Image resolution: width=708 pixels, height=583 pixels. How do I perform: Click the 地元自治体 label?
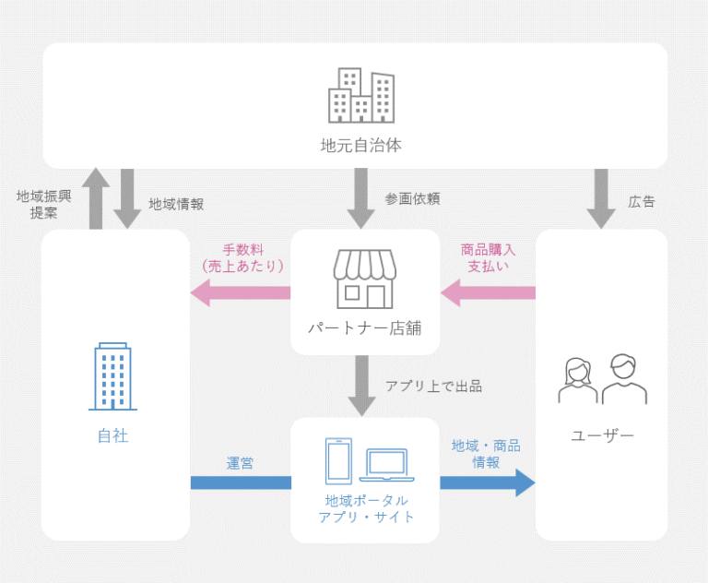point(360,145)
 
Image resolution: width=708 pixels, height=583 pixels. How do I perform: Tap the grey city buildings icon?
point(361,95)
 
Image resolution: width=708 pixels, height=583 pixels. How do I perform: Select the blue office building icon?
point(112,376)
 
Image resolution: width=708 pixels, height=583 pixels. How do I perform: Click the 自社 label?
point(112,435)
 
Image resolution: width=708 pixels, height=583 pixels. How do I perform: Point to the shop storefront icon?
point(364,278)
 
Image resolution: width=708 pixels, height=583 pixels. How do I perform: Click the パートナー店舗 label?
point(364,327)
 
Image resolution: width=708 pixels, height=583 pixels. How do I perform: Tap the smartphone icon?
point(339,459)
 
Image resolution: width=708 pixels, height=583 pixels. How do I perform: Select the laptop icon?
point(387,465)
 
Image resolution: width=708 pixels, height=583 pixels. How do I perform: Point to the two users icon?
point(602,379)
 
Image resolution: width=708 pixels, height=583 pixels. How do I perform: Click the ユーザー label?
point(603,435)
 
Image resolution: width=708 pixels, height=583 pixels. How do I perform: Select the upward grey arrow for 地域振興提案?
point(95,198)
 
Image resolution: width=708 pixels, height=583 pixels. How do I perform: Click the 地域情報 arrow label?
point(176,204)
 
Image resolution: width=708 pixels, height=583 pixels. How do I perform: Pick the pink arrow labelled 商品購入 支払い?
point(488,293)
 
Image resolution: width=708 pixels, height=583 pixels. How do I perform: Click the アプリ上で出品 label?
point(433,385)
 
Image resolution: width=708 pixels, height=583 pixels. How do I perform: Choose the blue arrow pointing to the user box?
point(488,482)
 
